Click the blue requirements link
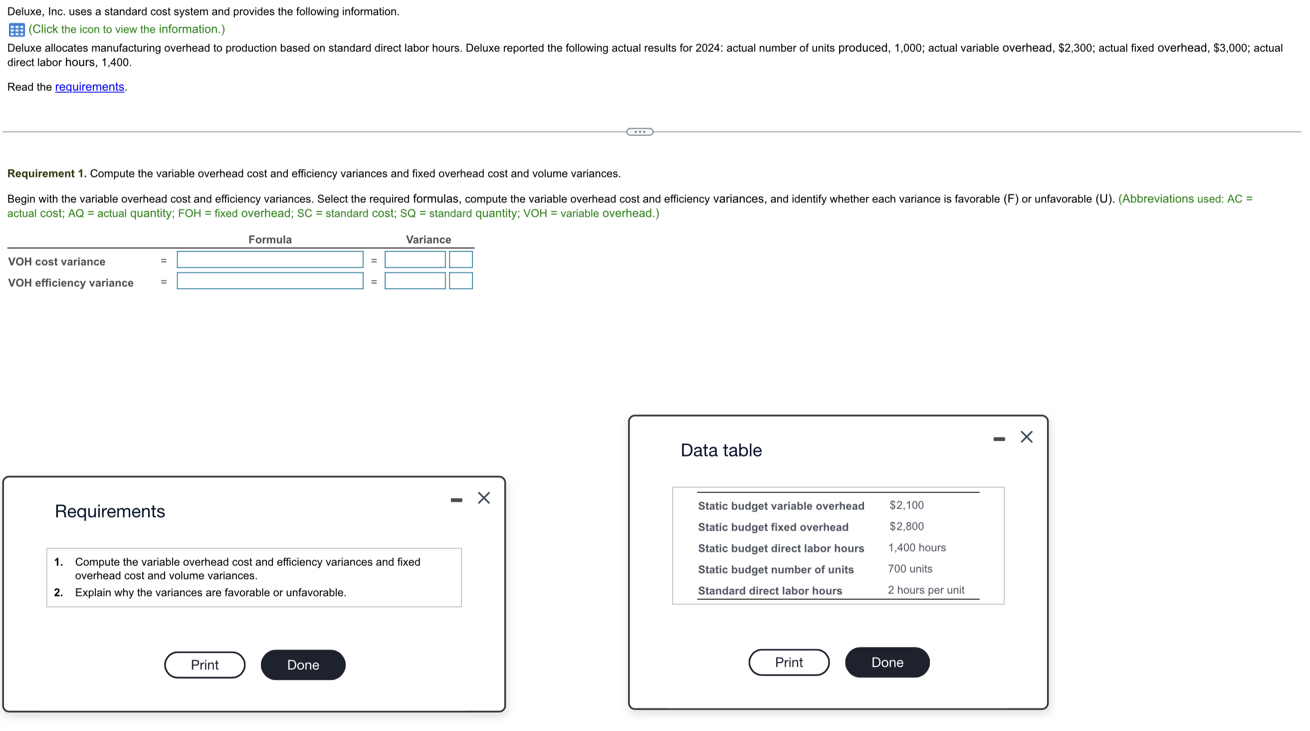click(x=89, y=87)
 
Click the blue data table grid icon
click(x=17, y=29)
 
